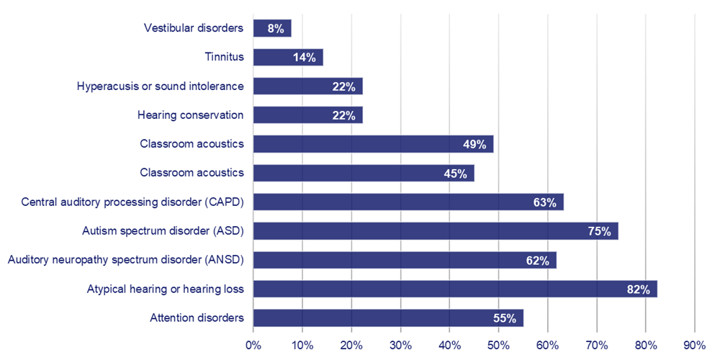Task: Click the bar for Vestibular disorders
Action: click(x=272, y=29)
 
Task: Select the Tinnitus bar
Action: click(x=288, y=58)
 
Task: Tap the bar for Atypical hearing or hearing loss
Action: click(x=455, y=289)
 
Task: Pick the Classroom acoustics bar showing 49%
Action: click(x=373, y=144)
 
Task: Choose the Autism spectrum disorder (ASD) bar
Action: click(x=436, y=231)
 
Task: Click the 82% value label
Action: click(x=638, y=289)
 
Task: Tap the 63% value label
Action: click(x=544, y=202)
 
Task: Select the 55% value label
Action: click(x=505, y=318)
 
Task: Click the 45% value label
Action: click(x=455, y=174)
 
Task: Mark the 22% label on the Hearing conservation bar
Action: click(x=343, y=116)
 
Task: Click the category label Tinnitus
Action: click(x=224, y=58)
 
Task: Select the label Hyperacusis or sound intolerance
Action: click(x=160, y=86)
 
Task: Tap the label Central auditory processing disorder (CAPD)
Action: click(x=132, y=202)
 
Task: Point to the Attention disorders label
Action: click(x=197, y=318)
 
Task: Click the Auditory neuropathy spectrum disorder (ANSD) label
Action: click(x=125, y=260)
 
